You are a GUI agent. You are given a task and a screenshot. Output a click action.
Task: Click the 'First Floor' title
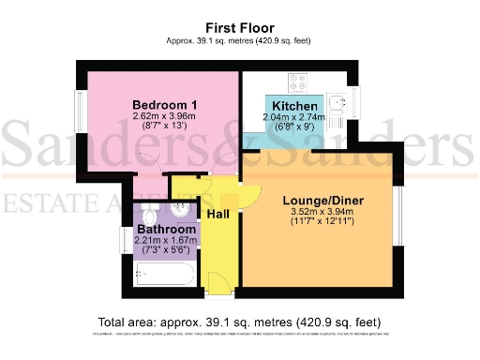point(238,28)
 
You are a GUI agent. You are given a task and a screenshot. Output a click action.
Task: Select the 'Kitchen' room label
point(292,105)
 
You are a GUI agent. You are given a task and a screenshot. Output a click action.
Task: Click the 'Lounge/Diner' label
point(323,201)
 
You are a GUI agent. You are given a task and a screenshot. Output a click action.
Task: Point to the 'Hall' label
point(217,215)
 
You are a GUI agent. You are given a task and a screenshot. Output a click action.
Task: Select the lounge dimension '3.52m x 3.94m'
point(323,213)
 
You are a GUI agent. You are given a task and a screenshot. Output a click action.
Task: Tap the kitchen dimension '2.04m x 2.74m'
point(293,117)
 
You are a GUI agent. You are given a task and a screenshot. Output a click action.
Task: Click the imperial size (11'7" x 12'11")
point(323,225)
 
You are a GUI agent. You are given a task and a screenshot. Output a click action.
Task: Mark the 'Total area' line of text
point(239,319)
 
